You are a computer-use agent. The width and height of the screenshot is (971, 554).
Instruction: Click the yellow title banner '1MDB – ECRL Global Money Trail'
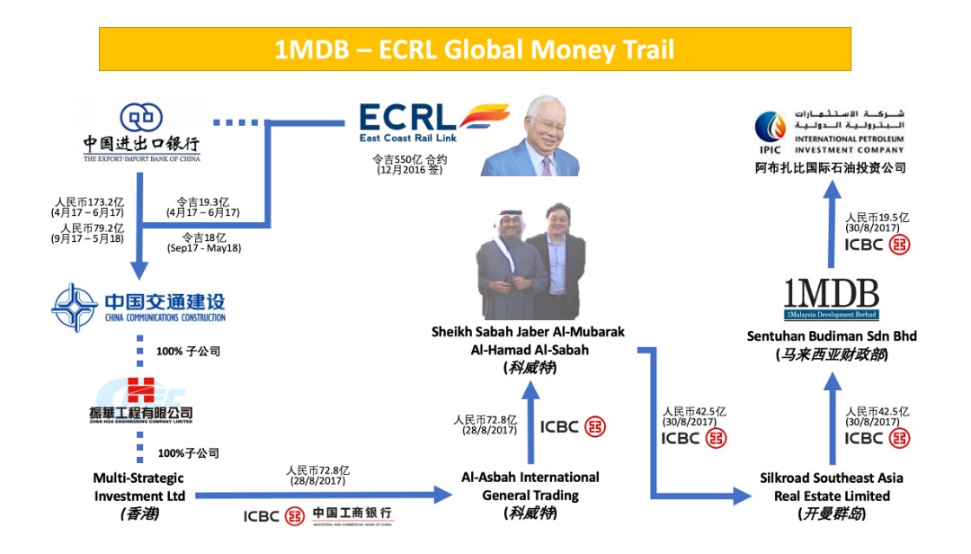[474, 49]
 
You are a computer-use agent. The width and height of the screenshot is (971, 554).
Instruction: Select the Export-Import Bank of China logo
[141, 132]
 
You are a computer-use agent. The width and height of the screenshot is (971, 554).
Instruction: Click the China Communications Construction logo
[138, 308]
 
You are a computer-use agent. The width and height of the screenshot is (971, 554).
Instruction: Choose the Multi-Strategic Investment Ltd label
[138, 487]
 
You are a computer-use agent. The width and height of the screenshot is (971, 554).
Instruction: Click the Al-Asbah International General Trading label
[530, 487]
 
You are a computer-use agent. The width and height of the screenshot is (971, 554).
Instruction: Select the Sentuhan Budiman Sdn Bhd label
[831, 335]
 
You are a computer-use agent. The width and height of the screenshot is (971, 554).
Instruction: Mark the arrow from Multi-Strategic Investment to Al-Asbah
[324, 494]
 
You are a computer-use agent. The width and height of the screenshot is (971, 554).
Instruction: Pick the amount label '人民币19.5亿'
[877, 218]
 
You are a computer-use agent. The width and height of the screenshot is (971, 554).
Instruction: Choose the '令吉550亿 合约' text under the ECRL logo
[409, 158]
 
